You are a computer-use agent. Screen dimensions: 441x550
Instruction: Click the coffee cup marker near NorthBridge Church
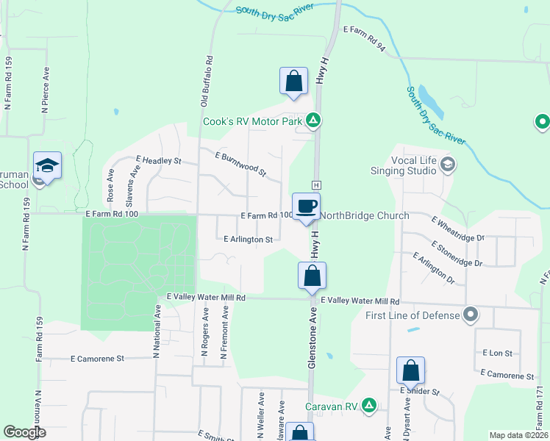click(306, 206)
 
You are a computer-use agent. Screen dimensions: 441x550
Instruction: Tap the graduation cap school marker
click(47, 165)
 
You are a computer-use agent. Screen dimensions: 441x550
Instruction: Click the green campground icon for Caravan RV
click(369, 405)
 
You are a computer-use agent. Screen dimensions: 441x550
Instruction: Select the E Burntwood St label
click(240, 165)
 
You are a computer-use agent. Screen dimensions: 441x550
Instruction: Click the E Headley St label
click(158, 159)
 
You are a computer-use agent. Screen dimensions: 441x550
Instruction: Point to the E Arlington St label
click(249, 239)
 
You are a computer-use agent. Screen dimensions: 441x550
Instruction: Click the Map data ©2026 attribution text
click(518, 435)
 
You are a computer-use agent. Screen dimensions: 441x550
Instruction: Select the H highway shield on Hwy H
click(316, 184)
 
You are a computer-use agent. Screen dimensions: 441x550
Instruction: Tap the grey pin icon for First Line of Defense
click(471, 315)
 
